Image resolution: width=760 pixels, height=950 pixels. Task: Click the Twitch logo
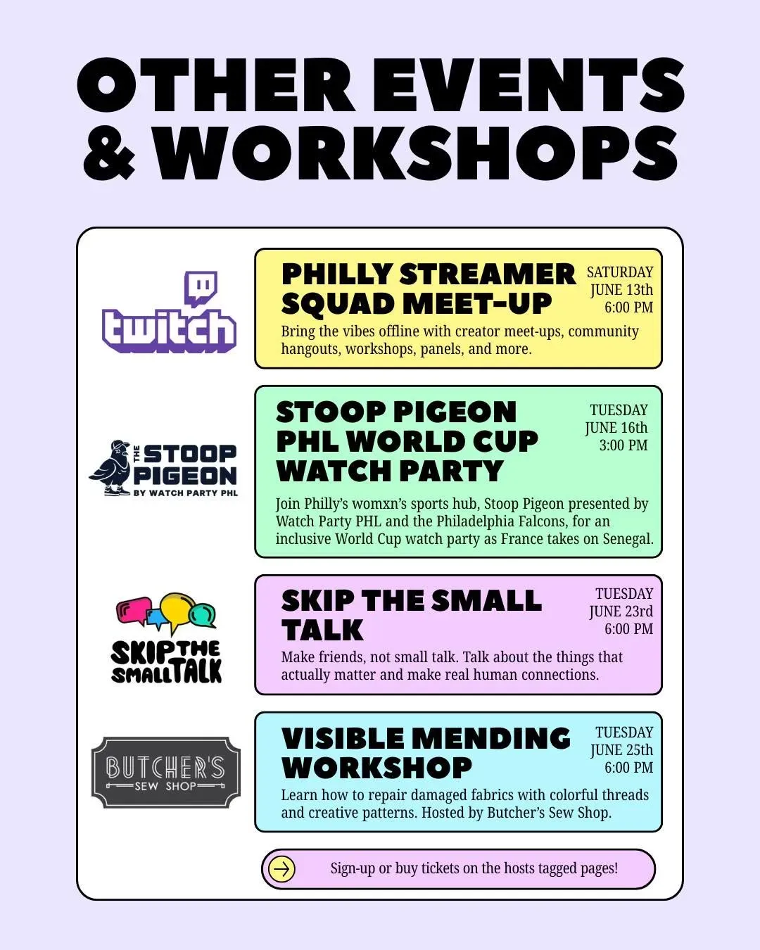tap(169, 312)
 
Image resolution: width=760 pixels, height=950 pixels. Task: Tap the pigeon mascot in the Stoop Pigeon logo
tap(110, 468)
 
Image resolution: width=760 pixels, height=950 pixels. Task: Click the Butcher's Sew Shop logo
tap(166, 773)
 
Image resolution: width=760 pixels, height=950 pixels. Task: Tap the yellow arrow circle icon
tap(281, 869)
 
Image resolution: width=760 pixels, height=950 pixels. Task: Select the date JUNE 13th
tap(622, 290)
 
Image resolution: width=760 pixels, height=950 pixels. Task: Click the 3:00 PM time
tap(623, 445)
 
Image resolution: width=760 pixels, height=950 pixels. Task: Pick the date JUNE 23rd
tap(621, 612)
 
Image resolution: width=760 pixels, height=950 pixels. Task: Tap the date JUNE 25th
tap(622, 750)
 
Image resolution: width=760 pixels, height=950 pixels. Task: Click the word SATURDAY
tap(620, 272)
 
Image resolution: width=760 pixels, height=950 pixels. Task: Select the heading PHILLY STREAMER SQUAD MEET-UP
tap(429, 289)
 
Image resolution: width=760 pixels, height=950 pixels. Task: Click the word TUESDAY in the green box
tap(619, 410)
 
